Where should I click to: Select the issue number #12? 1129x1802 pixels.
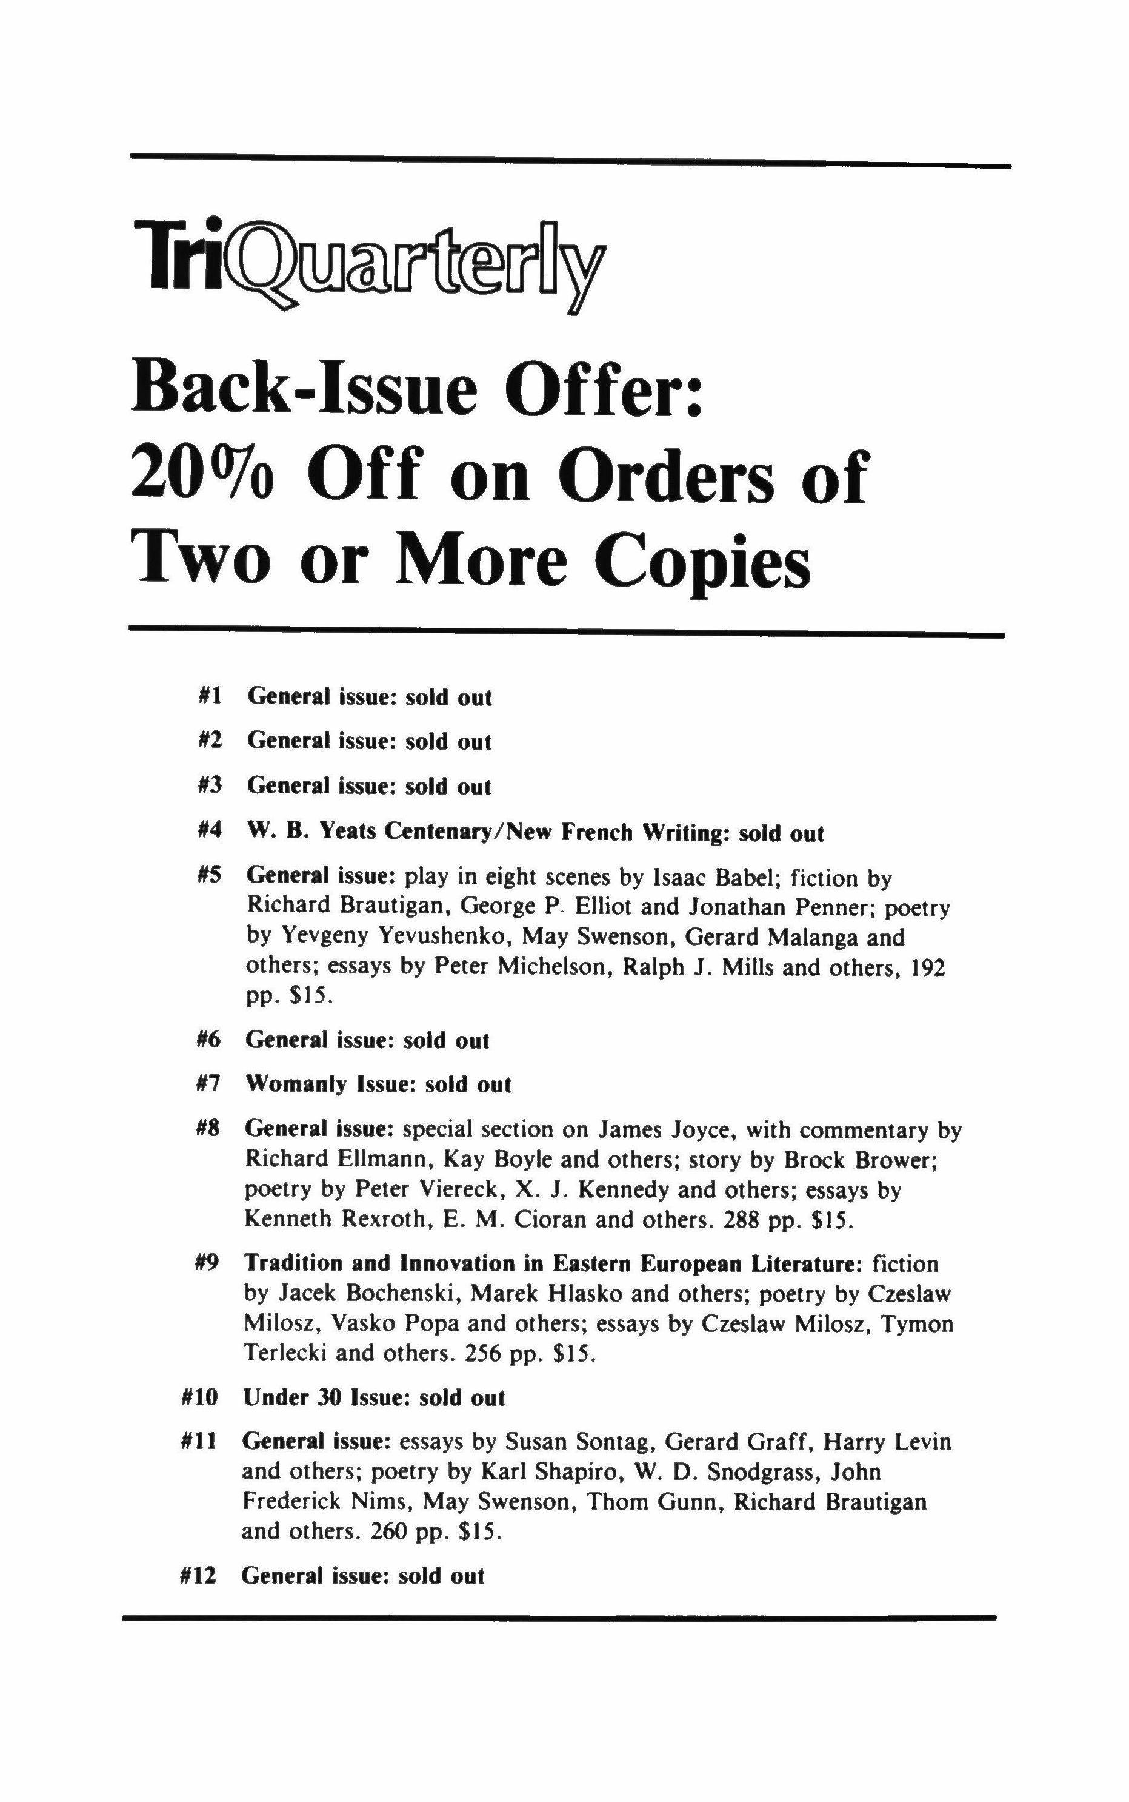(x=199, y=1576)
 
